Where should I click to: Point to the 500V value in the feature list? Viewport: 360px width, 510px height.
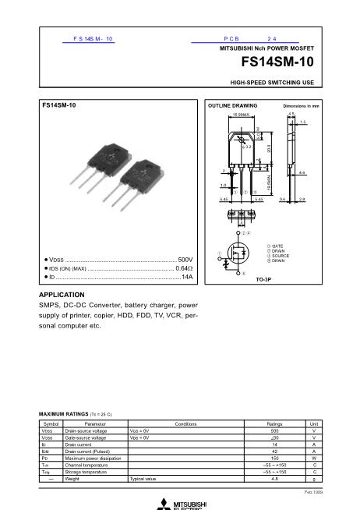[185, 259]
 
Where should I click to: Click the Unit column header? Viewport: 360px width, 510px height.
[313, 423]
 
